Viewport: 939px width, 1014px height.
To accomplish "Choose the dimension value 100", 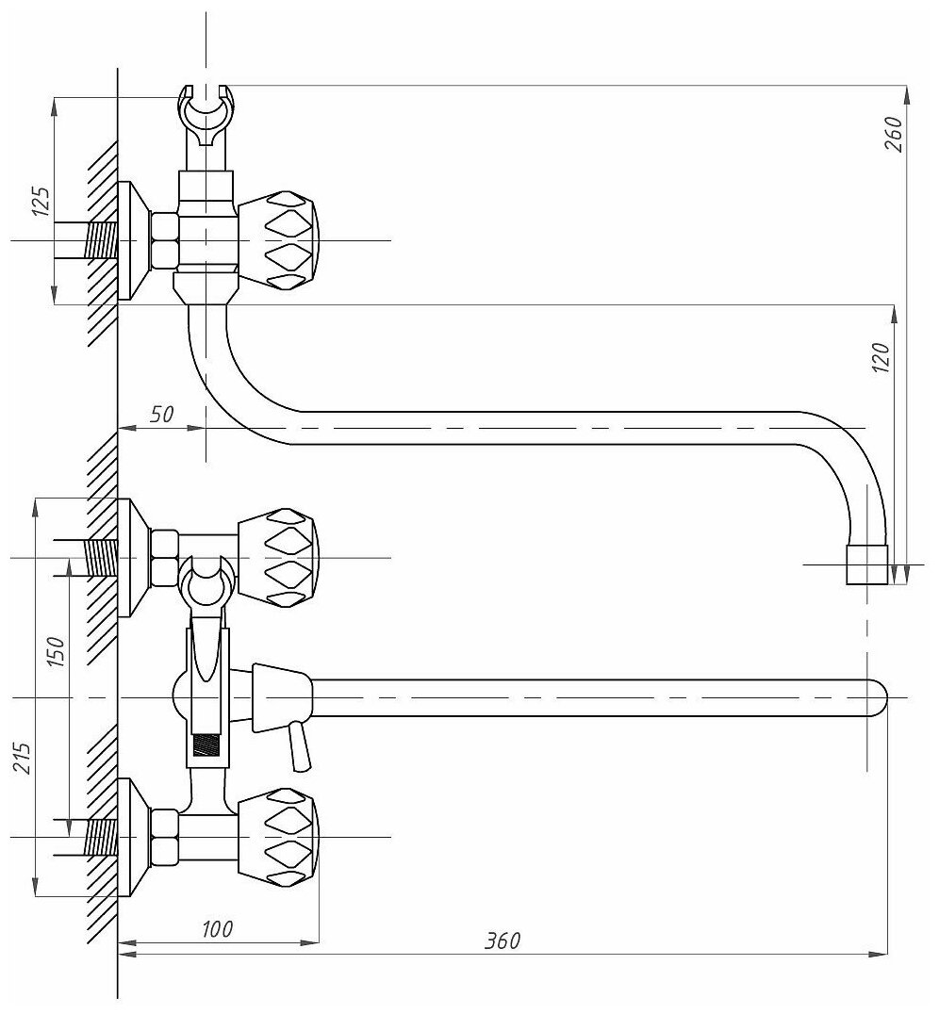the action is [217, 928].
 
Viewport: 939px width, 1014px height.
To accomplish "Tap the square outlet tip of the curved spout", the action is [868, 564].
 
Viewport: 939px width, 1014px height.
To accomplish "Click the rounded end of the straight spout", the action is [875, 697].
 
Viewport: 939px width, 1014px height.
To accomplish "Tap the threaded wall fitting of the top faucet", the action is [99, 240].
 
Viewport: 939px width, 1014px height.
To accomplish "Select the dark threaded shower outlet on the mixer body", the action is [206, 746].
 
